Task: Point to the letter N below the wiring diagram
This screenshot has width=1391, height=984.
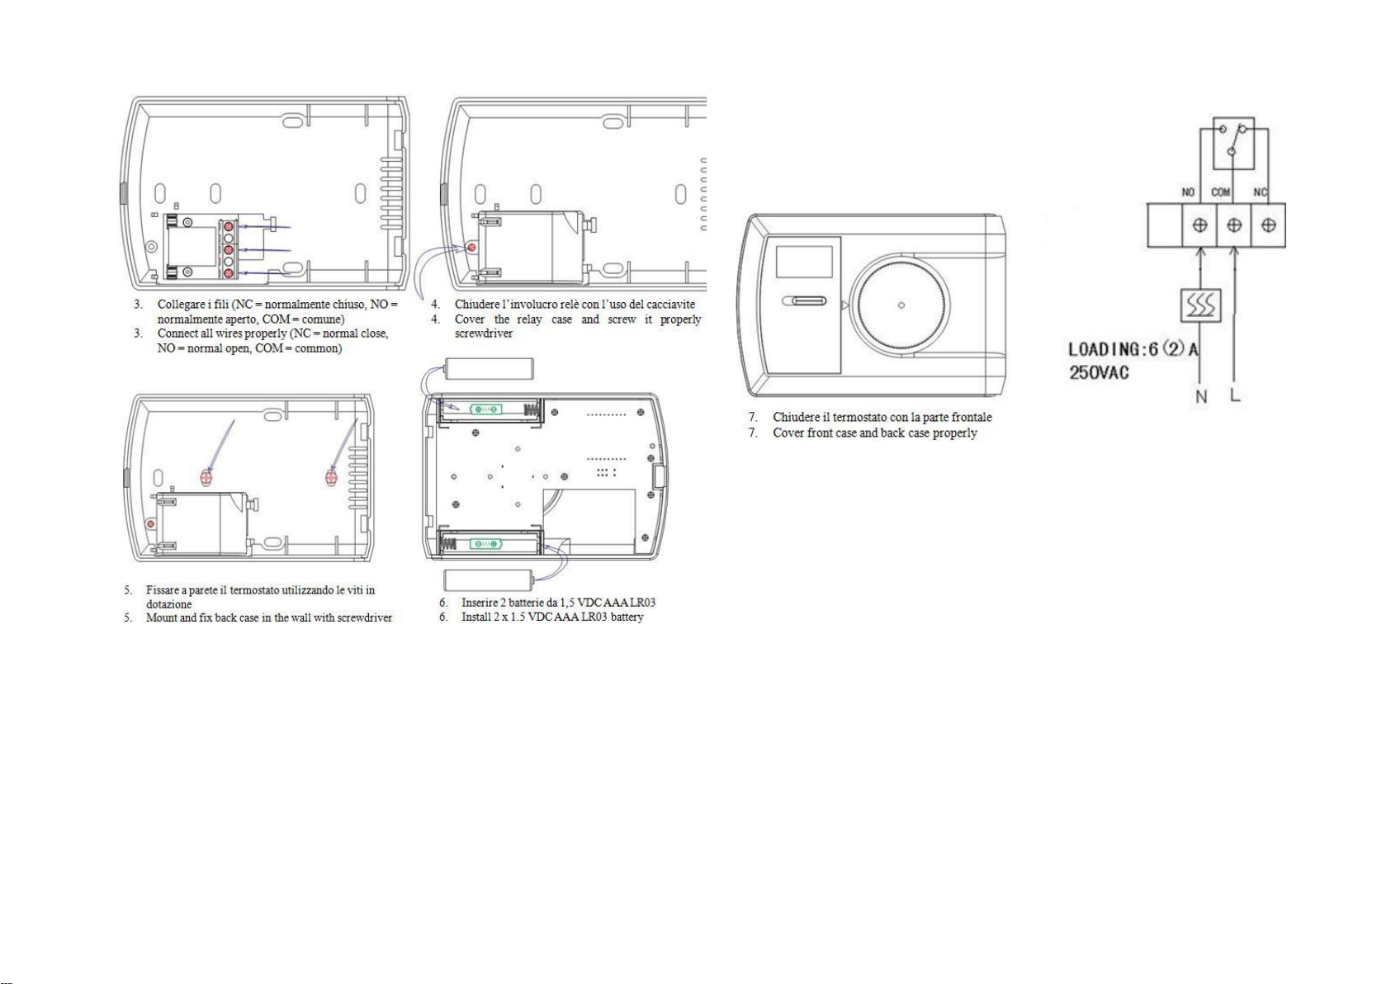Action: pos(1202,397)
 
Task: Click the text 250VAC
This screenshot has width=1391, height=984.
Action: pos(1099,373)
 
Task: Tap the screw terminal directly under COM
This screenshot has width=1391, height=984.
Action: pos(1234,225)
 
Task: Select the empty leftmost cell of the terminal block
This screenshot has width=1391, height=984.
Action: pos(1164,225)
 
